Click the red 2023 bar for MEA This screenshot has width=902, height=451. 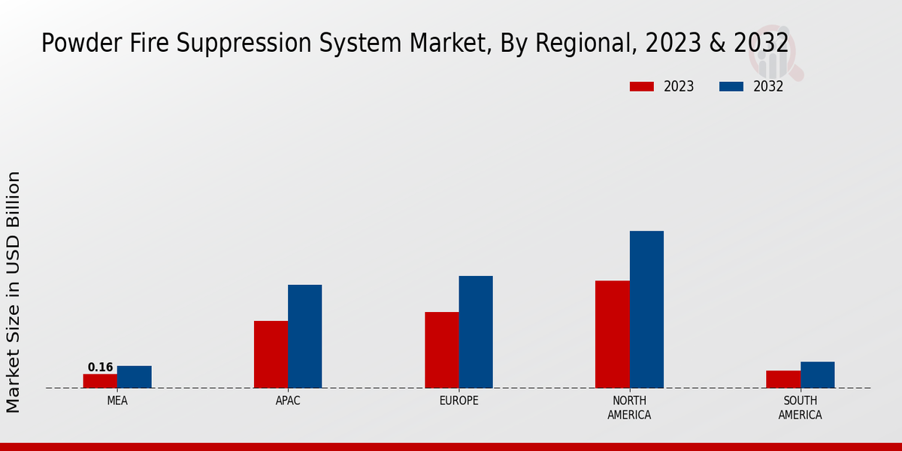100,381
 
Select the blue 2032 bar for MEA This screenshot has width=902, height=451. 135,377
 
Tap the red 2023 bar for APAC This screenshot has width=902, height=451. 271,354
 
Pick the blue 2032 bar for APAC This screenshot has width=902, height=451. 304,336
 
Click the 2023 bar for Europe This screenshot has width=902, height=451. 442,350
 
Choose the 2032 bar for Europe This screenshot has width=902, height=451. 476,331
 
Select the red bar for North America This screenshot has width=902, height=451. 613,334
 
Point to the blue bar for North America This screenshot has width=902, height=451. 646,309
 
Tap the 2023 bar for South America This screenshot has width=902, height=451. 783,379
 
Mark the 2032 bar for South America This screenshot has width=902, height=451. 817,374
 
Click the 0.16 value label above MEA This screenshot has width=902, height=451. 100,368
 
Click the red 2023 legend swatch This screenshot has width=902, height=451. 642,86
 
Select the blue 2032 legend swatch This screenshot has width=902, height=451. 731,86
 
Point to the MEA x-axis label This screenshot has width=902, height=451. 117,401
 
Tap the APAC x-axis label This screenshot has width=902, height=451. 288,401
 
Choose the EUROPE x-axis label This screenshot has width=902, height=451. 459,401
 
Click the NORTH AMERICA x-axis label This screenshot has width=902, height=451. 629,407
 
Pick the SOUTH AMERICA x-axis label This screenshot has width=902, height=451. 800,407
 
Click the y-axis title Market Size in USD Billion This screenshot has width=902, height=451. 14,292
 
